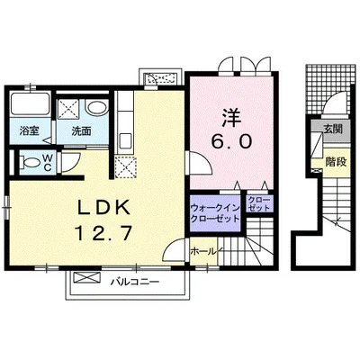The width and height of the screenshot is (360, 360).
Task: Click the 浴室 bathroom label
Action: click(29, 131)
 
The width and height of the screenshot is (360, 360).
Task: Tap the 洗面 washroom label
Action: click(81, 131)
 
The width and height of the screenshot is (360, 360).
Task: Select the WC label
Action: click(48, 162)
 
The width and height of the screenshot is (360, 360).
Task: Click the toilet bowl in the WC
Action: click(31, 163)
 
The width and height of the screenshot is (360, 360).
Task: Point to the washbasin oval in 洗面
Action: click(96, 108)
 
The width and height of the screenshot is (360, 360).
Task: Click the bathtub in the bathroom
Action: click(30, 104)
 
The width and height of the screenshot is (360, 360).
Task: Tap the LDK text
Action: click(104, 207)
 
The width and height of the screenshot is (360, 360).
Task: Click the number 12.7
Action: click(103, 233)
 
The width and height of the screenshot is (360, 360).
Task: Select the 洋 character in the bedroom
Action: click(232, 118)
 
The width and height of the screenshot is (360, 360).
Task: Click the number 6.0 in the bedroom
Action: click(231, 141)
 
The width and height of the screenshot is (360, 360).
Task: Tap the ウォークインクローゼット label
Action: click(215, 213)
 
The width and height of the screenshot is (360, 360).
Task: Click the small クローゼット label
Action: click(259, 203)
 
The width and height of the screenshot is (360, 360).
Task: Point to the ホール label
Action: click(203, 251)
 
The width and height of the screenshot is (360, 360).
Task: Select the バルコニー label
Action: click(134, 282)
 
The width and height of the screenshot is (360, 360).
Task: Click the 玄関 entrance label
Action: click(332, 129)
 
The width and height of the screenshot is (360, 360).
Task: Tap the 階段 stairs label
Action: click(336, 162)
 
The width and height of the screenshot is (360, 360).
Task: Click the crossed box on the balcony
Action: click(87, 277)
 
